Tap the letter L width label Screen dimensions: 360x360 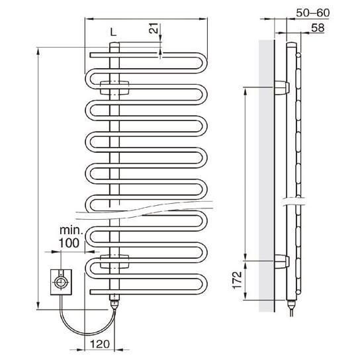point(113,32)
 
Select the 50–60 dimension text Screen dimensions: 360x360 point(313,13)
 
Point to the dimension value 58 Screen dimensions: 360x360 point(318,28)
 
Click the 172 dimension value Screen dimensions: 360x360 point(237,280)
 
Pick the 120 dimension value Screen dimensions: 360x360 point(100,344)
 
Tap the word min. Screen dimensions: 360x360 point(71,230)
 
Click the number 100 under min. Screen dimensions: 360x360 point(69,243)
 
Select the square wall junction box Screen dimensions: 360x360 point(61,282)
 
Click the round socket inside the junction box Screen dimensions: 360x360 point(61,282)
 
